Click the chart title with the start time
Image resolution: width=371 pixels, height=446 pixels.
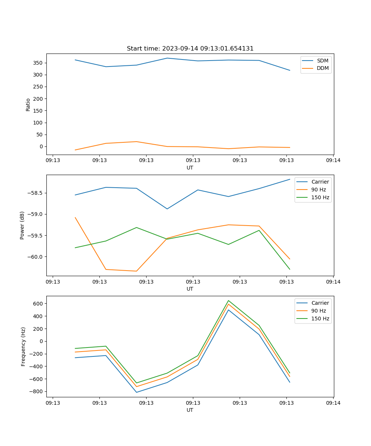[x=190, y=49]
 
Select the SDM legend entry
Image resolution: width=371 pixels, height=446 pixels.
[x=322, y=61]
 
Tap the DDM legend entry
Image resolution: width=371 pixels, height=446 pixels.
[x=322, y=68]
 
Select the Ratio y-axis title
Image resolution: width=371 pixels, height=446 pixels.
[x=28, y=104]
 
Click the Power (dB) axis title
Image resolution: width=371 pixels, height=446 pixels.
[x=22, y=225]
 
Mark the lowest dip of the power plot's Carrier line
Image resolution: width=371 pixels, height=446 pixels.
[x=167, y=209]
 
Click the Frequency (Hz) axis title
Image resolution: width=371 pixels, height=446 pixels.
[x=23, y=346]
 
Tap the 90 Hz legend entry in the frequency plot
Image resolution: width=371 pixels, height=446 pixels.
[x=319, y=311]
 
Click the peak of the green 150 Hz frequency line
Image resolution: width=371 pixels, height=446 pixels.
[x=229, y=300]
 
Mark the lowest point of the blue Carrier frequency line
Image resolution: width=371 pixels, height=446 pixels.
[x=137, y=392]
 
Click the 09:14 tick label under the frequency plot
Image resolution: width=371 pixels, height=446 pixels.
[x=333, y=403]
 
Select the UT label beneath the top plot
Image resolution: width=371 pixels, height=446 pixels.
[x=190, y=168]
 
